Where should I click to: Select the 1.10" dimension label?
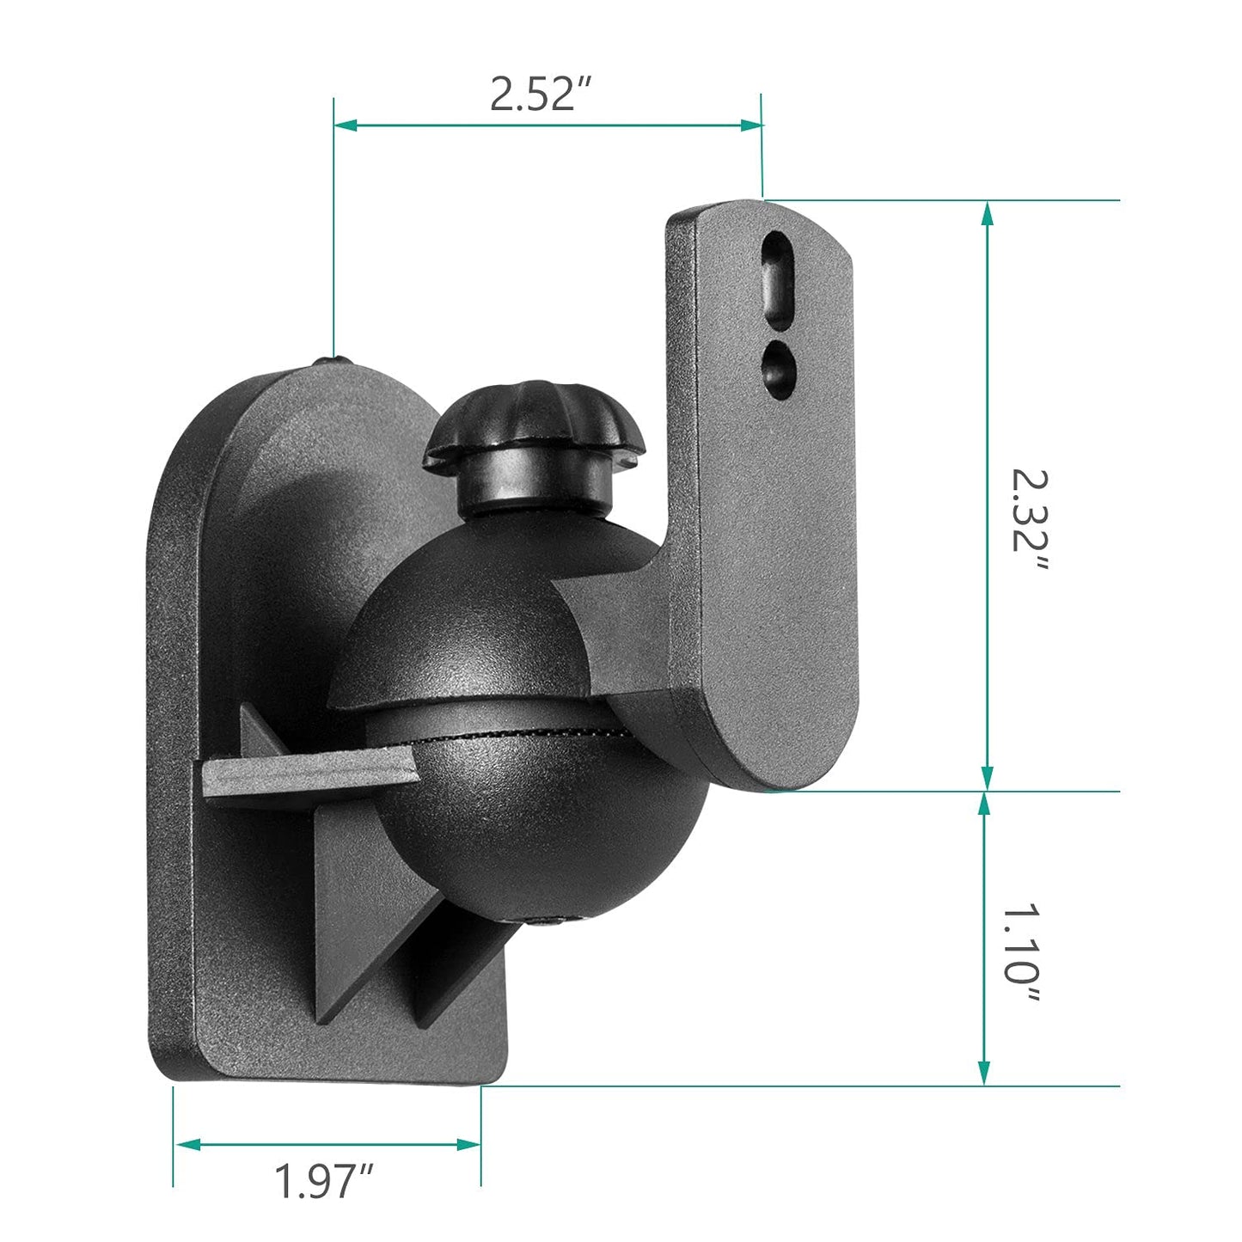1023,954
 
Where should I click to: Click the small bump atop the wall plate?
332,360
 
